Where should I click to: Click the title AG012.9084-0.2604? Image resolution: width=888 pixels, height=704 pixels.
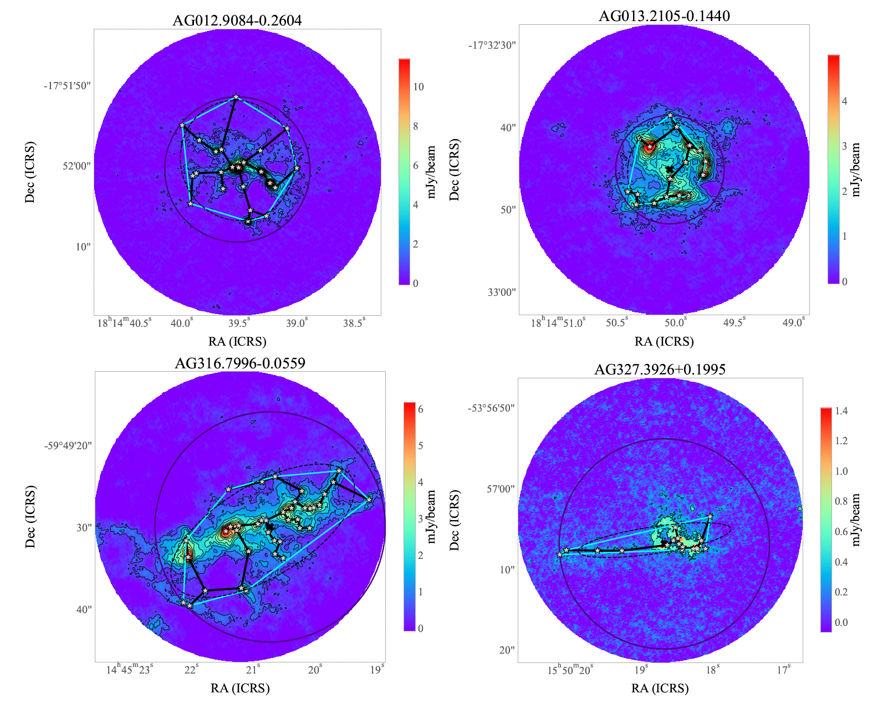[237, 21]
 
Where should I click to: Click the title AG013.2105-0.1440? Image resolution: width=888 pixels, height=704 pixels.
[664, 16]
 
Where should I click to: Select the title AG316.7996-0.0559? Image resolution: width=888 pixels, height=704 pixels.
[240, 363]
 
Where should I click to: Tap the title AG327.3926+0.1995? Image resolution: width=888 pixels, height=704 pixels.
[660, 369]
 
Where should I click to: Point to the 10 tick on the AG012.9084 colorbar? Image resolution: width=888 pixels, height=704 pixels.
[419, 87]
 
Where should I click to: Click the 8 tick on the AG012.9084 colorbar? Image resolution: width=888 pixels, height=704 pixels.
[416, 126]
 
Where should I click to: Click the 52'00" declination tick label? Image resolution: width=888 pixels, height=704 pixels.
[76, 166]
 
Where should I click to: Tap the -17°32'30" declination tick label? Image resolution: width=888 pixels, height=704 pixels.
[493, 45]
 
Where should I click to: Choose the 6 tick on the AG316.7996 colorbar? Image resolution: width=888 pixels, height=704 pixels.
[421, 409]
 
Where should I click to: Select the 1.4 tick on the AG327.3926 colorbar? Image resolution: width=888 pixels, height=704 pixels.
[841, 411]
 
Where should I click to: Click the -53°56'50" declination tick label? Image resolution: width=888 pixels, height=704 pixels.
[492, 408]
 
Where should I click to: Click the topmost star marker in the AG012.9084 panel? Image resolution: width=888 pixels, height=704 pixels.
[236, 97]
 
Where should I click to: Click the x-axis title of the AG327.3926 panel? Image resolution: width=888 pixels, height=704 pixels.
[660, 688]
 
